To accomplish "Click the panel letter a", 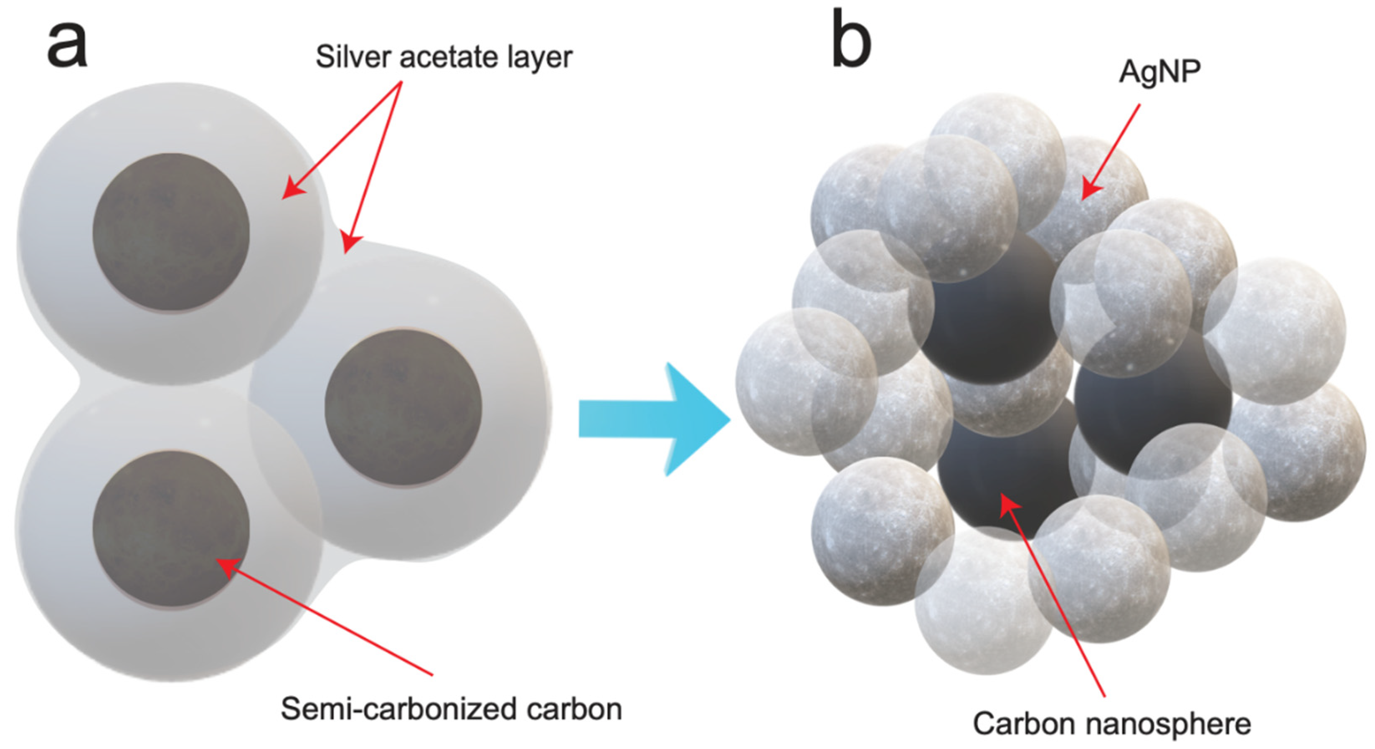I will (x=67, y=46).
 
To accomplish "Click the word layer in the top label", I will (x=540, y=58).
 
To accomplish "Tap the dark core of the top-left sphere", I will (x=171, y=232).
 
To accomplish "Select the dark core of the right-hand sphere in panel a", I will (x=403, y=408).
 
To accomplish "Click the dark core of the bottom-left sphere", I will (x=171, y=529).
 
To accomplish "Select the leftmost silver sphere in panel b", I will (x=803, y=382).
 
